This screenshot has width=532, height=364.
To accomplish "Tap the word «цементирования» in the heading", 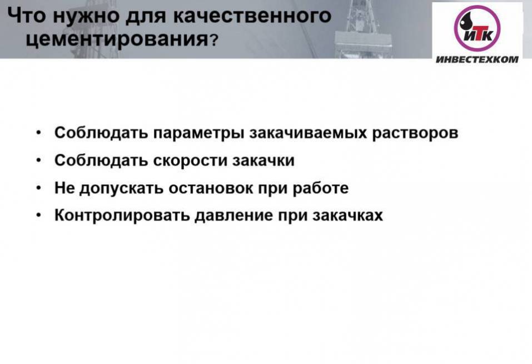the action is click(x=117, y=39).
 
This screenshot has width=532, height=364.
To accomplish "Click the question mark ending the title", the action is click(x=213, y=41).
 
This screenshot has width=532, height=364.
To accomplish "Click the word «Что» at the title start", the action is click(x=27, y=15).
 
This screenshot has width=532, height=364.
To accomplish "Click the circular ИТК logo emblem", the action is click(x=478, y=28).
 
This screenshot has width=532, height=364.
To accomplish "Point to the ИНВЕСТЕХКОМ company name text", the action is click(x=477, y=59).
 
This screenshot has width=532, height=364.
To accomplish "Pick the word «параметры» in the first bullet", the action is click(x=198, y=133).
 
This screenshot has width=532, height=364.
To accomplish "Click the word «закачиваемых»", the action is click(x=308, y=133).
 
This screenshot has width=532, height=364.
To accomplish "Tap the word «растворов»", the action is click(x=415, y=133).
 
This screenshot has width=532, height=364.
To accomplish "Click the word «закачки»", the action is click(x=263, y=160).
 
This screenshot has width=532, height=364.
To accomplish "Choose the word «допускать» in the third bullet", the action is click(x=121, y=188).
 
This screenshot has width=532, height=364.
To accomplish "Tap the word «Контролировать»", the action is click(x=122, y=216).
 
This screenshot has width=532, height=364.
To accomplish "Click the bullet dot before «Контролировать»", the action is click(x=39, y=215).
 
